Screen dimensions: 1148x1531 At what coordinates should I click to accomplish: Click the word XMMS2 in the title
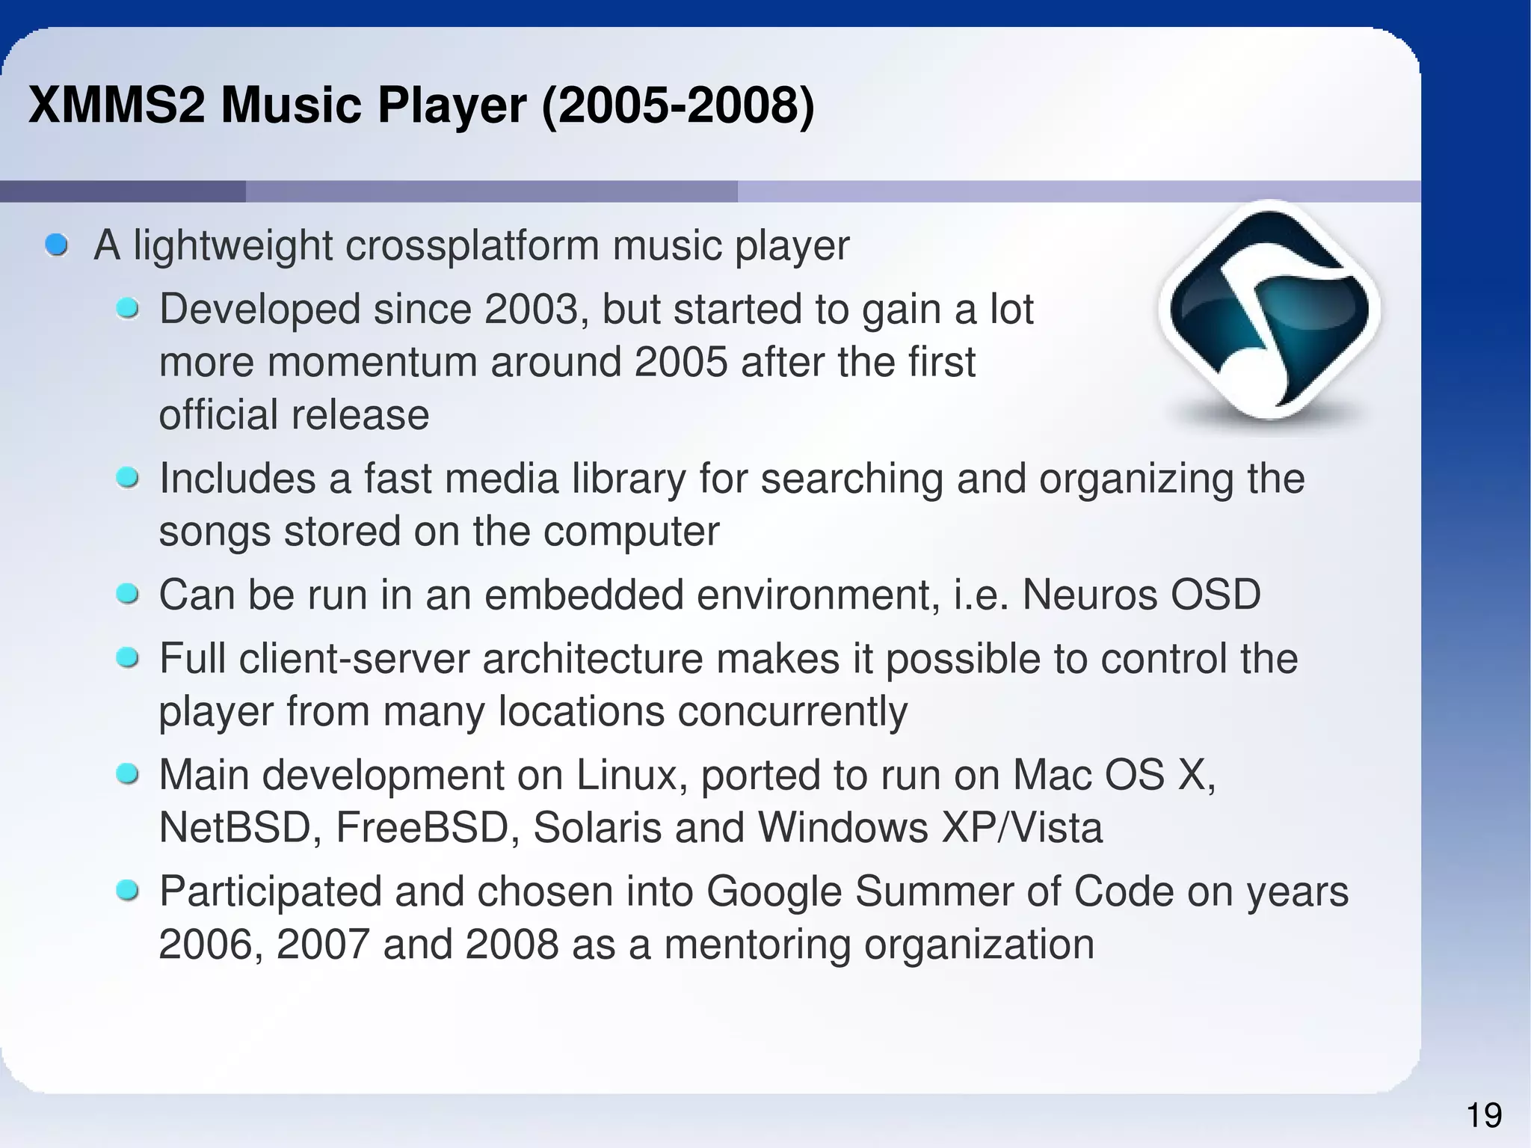pos(116,105)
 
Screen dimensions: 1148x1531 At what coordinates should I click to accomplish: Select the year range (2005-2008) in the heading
pos(677,105)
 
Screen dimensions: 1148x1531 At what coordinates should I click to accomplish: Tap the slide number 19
pos(1484,1116)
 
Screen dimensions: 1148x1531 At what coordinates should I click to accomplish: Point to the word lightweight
pos(232,245)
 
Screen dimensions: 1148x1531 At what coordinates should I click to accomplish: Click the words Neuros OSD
pos(1141,595)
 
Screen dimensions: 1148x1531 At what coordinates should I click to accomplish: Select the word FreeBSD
pos(422,828)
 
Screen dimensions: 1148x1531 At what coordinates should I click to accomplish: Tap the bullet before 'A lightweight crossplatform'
pos(57,245)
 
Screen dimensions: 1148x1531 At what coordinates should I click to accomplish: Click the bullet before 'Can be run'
pos(128,595)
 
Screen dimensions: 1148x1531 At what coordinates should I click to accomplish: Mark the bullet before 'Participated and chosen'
pos(128,891)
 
